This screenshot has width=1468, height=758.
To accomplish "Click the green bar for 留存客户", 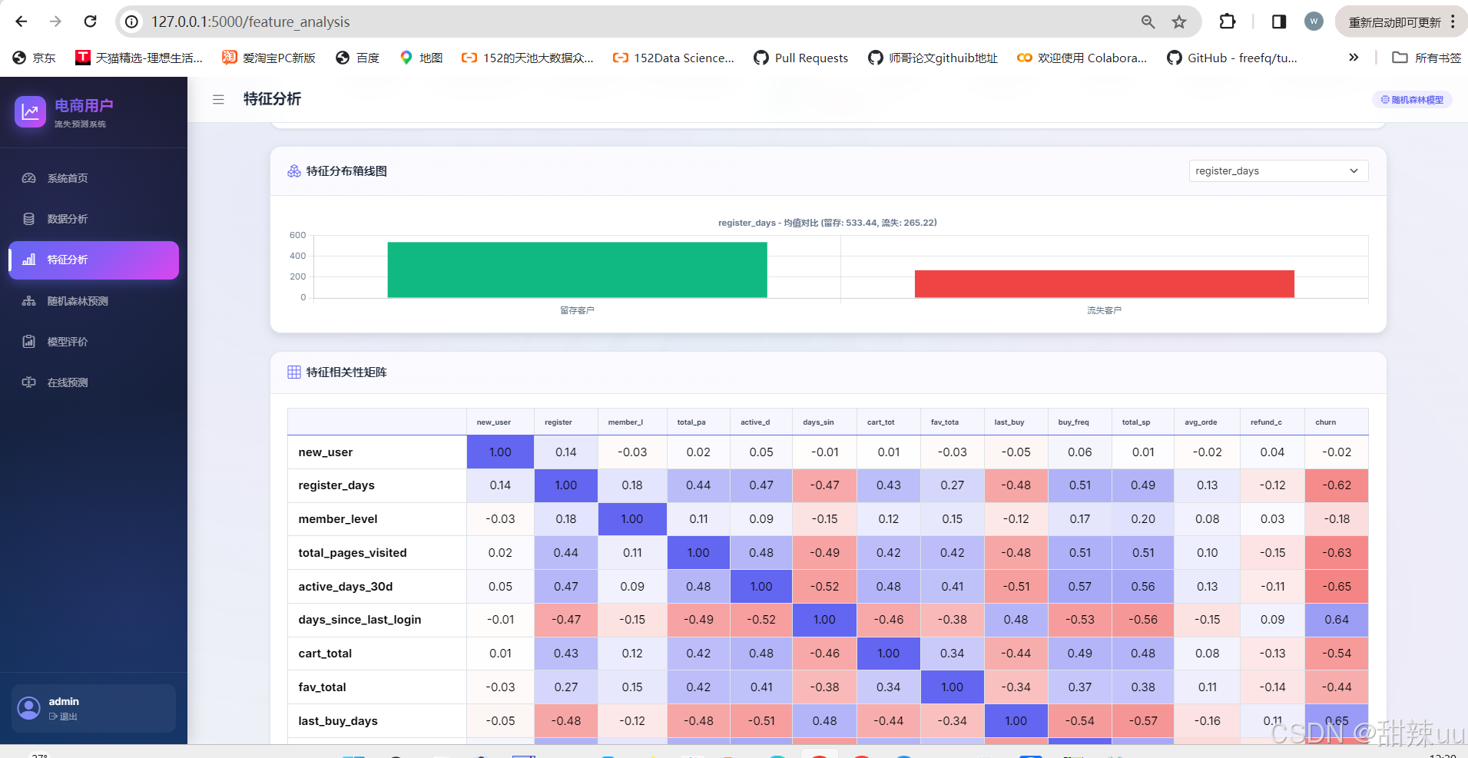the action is coord(577,270).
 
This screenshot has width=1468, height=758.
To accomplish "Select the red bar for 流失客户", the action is coord(1104,283).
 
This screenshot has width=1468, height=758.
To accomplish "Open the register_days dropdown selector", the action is coord(1278,170).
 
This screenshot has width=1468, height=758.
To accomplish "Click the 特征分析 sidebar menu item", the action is coord(94,260).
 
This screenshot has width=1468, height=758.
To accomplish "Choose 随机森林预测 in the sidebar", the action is coord(77,301).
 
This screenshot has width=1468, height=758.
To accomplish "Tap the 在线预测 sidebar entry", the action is coord(68,382).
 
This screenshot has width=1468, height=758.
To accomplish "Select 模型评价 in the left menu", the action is coord(68,342).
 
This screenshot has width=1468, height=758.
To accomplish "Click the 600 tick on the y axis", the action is coord(297,235).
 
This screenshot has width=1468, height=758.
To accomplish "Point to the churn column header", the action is coord(1325,422).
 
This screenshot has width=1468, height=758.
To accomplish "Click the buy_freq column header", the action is coord(1073,422).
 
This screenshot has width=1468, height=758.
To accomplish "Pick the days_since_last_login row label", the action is coord(360,620).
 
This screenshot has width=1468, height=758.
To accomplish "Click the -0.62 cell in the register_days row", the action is coord(1337,485).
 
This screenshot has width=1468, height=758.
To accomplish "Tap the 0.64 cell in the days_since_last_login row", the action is coord(1337,620).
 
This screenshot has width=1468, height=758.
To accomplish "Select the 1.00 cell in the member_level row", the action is coord(632,519).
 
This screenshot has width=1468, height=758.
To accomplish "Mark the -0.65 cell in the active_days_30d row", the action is coord(1337,586).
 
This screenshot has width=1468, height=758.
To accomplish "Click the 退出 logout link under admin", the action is coord(63,717).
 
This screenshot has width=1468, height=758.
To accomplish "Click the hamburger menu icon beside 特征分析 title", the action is coord(218,99).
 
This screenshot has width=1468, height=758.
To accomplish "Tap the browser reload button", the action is coord(90,22).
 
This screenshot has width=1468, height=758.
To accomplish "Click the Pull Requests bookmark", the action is coord(801,58).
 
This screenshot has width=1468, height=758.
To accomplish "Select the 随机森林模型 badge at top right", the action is coord(1412,100).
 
